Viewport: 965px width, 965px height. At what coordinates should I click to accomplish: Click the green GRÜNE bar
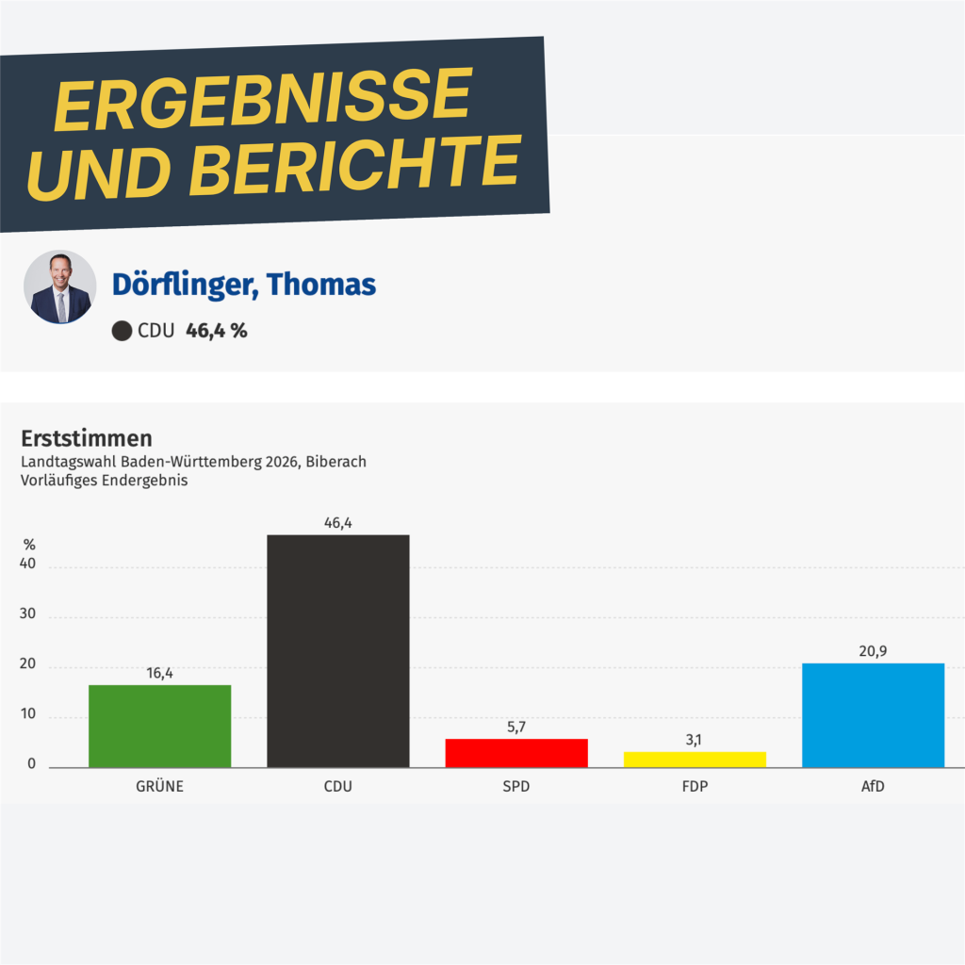point(159,726)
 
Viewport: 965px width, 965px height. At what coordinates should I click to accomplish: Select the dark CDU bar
point(337,651)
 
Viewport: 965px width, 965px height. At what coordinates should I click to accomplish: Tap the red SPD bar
point(516,753)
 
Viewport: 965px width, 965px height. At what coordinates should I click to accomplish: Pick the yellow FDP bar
point(695,760)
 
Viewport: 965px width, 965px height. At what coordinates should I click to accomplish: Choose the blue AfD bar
point(873,715)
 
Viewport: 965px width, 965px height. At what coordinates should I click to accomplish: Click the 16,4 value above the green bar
point(159,673)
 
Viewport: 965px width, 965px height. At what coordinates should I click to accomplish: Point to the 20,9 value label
point(873,651)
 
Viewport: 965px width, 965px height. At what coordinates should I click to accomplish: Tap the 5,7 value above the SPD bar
point(516,727)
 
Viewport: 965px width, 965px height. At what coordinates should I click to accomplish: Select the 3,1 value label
point(695,740)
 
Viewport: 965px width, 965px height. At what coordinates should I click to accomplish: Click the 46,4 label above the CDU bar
point(337,523)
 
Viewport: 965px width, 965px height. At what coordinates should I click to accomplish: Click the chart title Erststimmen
point(87,438)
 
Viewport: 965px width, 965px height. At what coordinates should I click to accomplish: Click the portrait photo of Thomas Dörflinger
point(59,286)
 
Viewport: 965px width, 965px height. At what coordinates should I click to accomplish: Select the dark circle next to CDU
point(122,331)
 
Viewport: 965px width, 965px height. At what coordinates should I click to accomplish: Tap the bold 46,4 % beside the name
point(217,331)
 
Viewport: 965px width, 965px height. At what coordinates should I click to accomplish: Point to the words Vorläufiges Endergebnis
point(105,480)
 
